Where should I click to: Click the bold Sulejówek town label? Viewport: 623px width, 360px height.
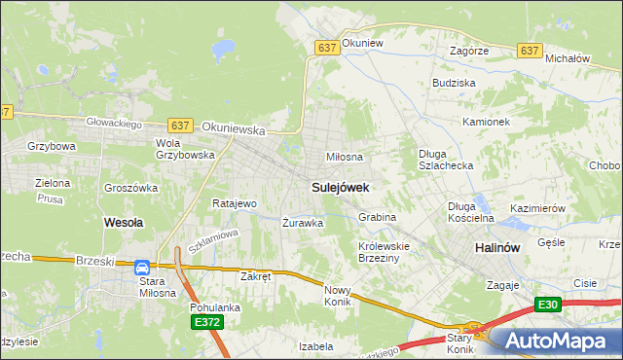pos(339,186)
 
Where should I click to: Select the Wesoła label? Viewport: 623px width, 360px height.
pos(124,223)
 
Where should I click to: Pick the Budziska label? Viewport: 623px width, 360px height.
pos(454,84)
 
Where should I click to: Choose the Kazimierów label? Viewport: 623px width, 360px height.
pos(537,209)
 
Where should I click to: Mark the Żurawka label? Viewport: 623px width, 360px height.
pos(302,223)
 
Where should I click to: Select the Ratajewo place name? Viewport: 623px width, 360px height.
pos(234,204)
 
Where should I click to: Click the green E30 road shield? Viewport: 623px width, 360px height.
pos(548,306)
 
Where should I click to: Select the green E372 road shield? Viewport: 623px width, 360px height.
pos(206,322)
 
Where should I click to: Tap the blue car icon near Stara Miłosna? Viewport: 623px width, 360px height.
pos(142,267)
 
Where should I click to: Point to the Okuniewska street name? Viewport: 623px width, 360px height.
pos(235,127)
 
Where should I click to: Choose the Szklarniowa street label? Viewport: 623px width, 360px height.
pos(213,241)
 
